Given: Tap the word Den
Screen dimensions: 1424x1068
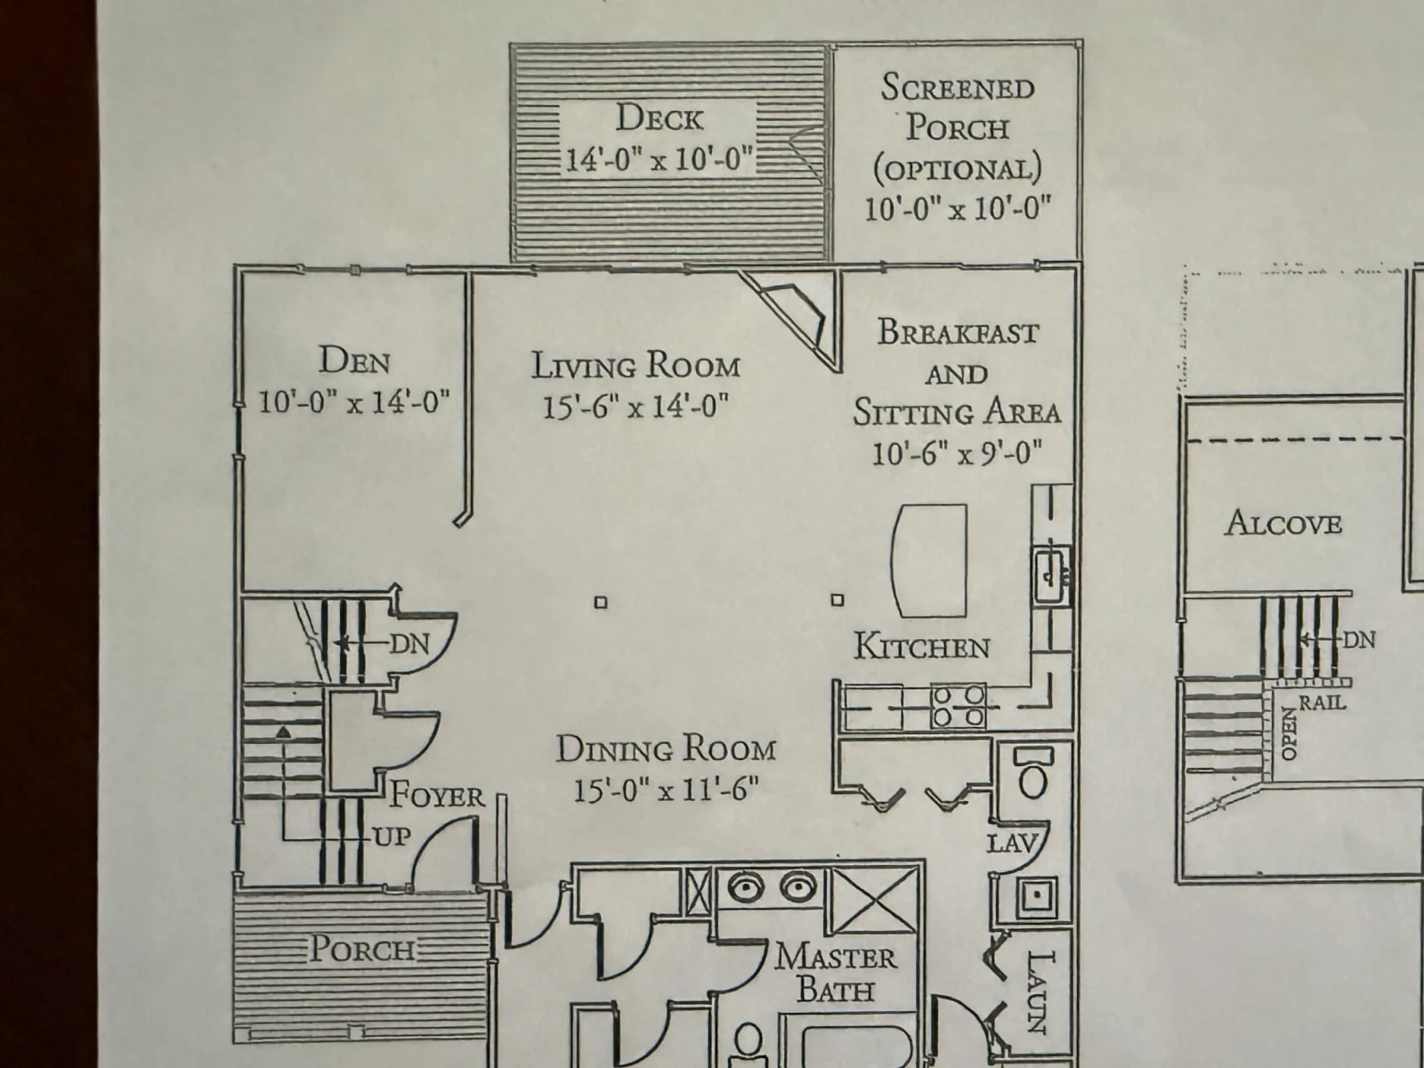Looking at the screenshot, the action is tap(354, 360).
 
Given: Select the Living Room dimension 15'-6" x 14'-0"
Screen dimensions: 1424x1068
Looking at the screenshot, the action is tap(635, 407).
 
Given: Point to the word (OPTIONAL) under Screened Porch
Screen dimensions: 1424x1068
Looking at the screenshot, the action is tap(958, 168).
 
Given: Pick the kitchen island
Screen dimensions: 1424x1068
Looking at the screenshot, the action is tap(929, 561).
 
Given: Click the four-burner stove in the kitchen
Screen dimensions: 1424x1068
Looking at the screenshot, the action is tap(959, 706).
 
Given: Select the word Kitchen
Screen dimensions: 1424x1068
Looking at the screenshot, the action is tap(921, 646).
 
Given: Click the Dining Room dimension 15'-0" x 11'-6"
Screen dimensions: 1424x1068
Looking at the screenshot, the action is tap(667, 789).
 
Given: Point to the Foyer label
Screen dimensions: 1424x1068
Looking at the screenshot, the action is tap(436, 795).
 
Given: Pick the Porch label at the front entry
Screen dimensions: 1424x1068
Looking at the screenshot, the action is tap(362, 950).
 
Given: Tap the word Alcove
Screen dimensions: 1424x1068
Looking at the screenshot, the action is tap(1282, 522).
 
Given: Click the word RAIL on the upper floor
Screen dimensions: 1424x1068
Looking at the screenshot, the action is tap(1323, 702).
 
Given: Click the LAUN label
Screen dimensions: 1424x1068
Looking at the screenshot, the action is tap(1039, 992).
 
